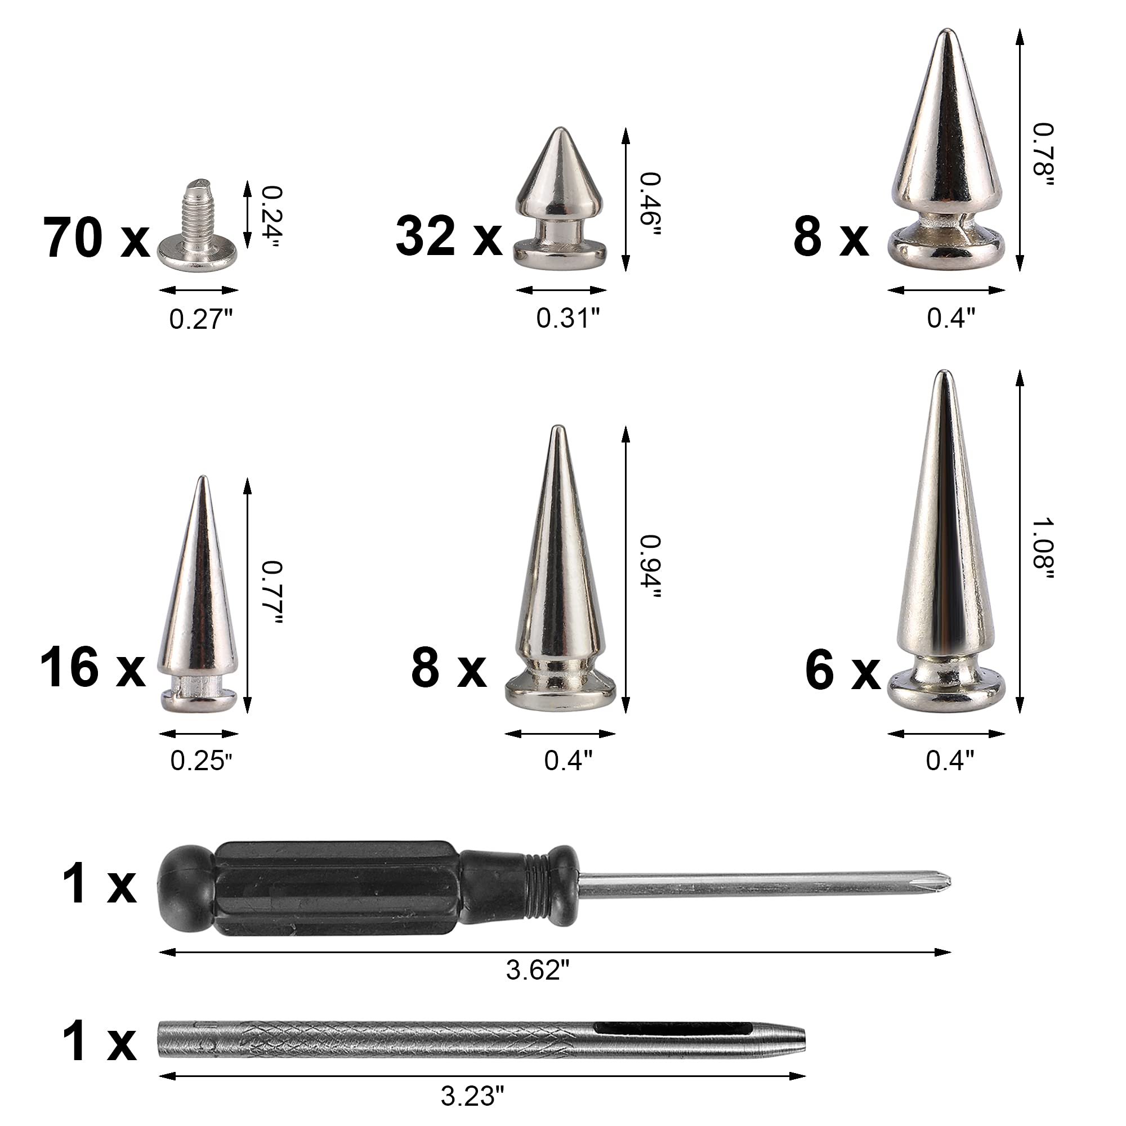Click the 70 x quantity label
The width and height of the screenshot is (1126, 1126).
coord(96,238)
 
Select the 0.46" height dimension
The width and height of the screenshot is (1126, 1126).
coord(649,204)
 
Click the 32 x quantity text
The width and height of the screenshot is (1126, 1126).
coord(449,236)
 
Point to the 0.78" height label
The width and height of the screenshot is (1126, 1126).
coord(1043,155)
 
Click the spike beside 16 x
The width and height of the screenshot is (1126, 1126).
coord(198,600)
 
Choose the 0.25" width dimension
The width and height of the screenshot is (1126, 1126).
coord(201,761)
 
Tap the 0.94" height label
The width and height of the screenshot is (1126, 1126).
coord(649,568)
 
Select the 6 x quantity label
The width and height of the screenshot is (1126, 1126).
coord(842,672)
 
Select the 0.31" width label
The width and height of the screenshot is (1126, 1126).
coord(568,318)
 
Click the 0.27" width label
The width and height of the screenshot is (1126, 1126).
coord(201,319)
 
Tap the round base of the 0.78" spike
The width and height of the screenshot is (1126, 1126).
coord(946,248)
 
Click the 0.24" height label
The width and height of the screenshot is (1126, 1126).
coord(270,216)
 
